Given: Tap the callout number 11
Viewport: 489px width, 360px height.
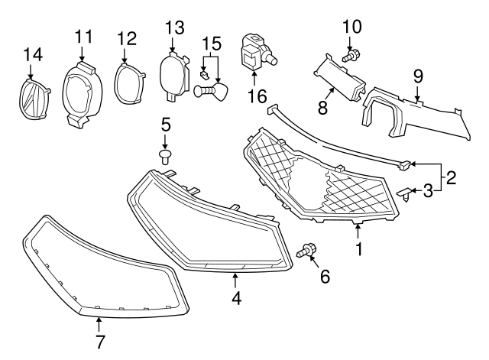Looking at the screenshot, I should click(83, 36).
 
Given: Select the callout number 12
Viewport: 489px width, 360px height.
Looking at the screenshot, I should click(126, 37).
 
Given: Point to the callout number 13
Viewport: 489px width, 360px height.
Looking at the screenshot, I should click(174, 28).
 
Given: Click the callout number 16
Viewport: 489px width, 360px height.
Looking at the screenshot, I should click(254, 96).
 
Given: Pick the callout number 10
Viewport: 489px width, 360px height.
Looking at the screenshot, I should click(351, 27).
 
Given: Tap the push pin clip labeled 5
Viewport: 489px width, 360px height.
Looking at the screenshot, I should click(166, 157).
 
